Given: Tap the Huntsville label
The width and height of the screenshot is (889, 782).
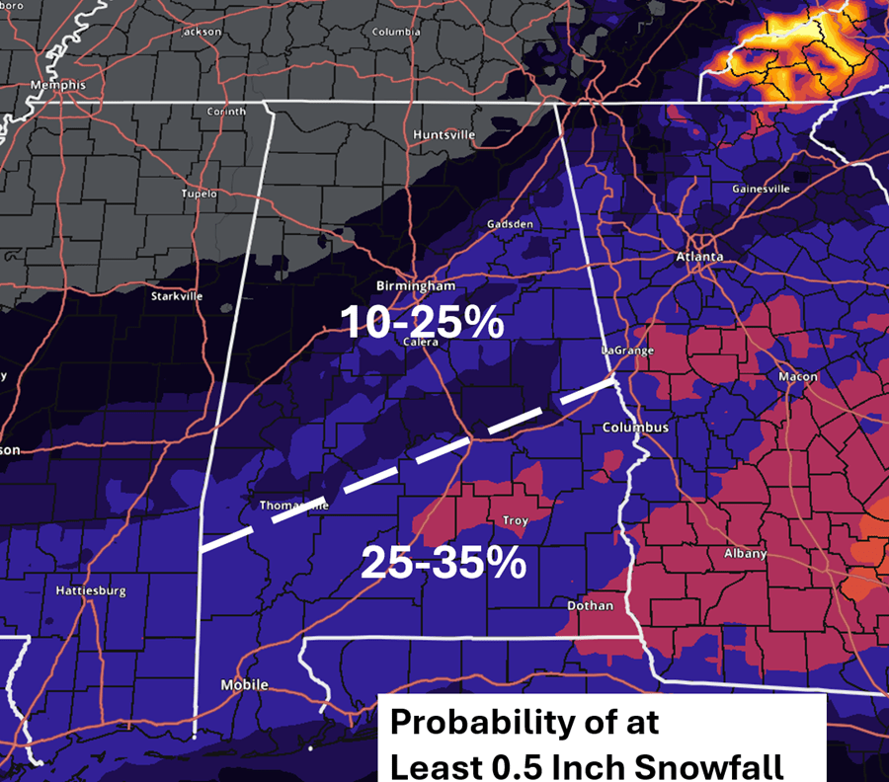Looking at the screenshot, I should [444, 134].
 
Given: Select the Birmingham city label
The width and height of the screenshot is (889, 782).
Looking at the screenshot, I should [415, 286].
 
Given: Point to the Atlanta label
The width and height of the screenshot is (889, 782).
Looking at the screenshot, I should [700, 257].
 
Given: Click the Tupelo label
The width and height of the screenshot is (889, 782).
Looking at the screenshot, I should [199, 194].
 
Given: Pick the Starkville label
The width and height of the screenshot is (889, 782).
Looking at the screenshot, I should [177, 296].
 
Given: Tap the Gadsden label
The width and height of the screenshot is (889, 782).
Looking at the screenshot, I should [509, 224].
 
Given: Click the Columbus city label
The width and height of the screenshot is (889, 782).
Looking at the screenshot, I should [636, 428].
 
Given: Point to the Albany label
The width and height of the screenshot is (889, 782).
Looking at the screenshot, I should [745, 554].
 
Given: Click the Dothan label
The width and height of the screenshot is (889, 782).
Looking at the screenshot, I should [590, 605].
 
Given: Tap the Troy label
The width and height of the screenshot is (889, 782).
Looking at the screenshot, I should [515, 520].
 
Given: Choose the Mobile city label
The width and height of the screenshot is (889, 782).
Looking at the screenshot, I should [244, 684].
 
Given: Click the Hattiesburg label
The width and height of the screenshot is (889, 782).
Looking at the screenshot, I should [90, 591].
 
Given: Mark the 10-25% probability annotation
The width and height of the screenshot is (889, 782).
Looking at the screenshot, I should [422, 323].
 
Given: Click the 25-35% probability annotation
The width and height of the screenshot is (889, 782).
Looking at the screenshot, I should [442, 563].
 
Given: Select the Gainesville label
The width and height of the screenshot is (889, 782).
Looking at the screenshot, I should [761, 189].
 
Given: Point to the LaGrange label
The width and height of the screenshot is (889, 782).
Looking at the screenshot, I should [626, 351].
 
